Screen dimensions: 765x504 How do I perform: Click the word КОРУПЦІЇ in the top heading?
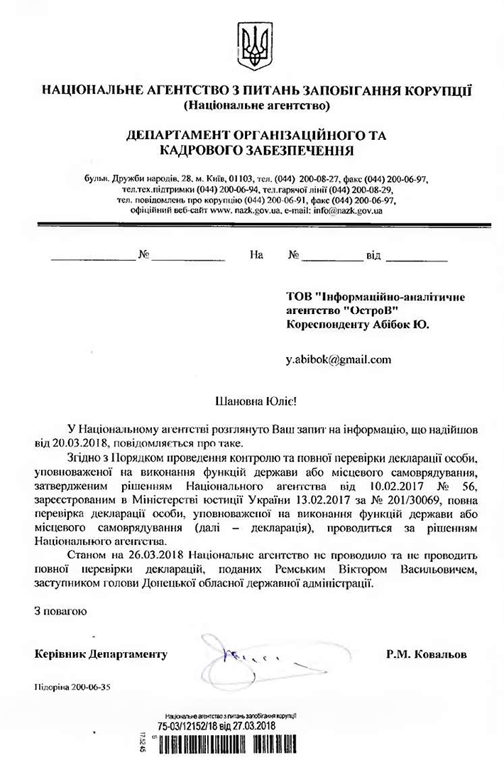pyautogui.click(x=433, y=92)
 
